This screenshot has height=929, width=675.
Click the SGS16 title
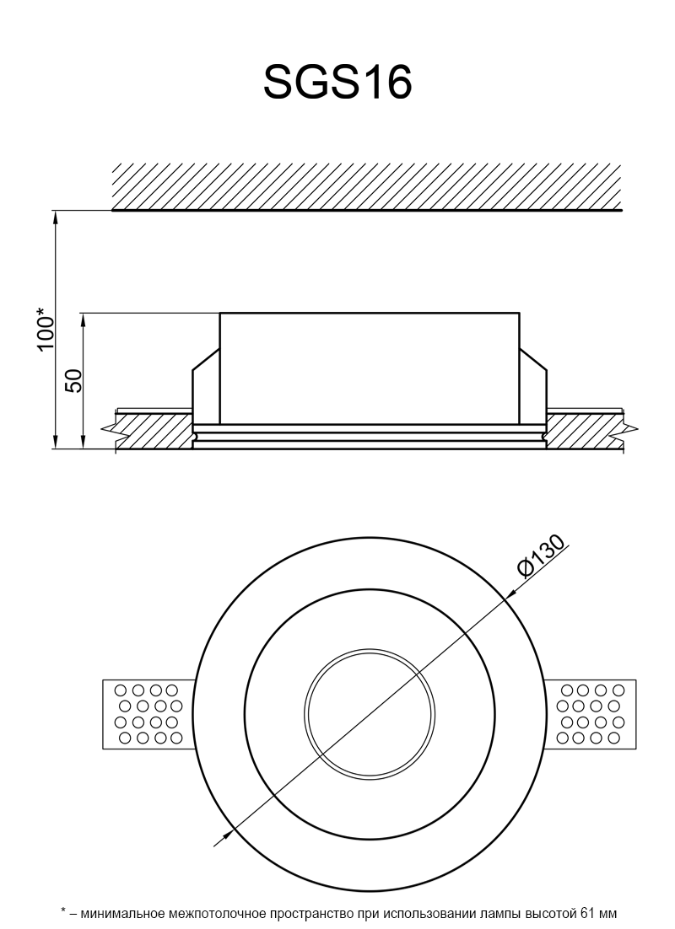[337, 83]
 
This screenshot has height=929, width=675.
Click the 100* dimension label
[47, 329]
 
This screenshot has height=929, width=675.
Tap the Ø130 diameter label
[540, 556]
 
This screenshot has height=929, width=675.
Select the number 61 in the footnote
[582, 913]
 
